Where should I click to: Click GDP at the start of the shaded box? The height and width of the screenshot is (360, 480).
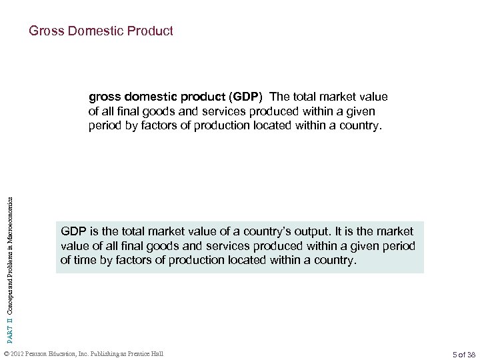click(x=73, y=231)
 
